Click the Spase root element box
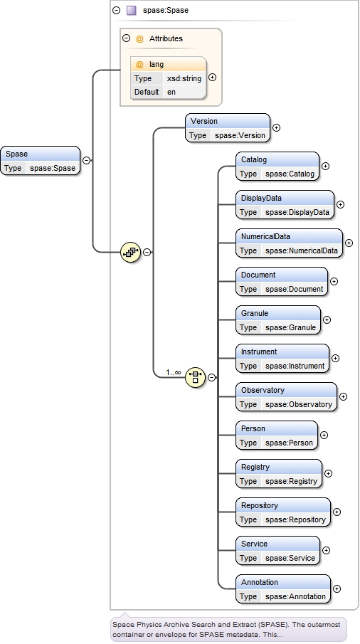(41, 161)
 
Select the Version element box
(228, 128)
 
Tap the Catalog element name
(254, 159)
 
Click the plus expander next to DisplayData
(340, 205)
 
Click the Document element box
(282, 282)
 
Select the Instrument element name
(259, 352)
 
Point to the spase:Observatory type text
(298, 404)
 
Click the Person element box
(277, 436)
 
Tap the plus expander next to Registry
(328, 473)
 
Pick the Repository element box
(283, 512)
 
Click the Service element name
(254, 544)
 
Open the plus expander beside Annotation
(337, 588)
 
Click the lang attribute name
(157, 64)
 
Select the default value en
(171, 92)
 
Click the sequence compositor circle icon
(130, 251)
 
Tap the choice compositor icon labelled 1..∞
(195, 377)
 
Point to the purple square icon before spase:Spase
(132, 11)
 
